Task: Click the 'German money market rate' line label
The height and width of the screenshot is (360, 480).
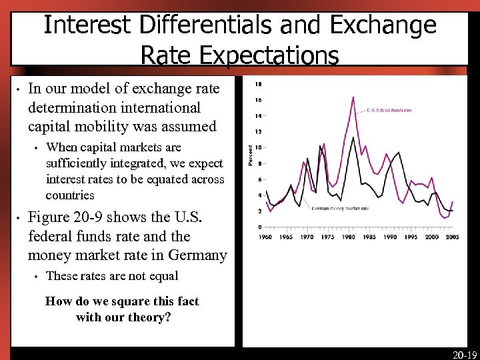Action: pos(340,208)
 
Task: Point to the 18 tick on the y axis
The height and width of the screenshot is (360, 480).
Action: pos(258,84)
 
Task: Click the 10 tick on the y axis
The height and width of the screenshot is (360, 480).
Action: pos(258,147)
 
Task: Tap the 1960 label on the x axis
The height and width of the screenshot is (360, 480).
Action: pos(265,237)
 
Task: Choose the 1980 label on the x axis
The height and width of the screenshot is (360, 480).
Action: pos(350,237)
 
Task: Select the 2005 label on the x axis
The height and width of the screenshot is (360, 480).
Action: pos(453,237)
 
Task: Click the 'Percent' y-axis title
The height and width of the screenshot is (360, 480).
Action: pos(251,156)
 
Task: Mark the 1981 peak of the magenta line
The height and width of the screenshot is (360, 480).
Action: pos(353,97)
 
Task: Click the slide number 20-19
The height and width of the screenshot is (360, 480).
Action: pos(465,355)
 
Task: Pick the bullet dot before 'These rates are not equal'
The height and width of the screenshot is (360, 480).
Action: pos(37,276)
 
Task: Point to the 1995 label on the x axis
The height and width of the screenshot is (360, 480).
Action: pos(411,237)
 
